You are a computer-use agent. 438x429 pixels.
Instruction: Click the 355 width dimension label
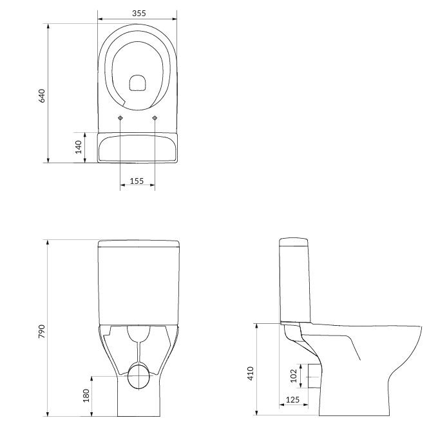139,13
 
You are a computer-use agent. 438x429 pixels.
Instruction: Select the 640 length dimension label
41,95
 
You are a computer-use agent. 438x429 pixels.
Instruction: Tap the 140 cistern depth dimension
79,147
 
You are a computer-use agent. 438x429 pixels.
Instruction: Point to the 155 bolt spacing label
137,181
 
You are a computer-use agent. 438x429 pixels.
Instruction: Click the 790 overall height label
41,332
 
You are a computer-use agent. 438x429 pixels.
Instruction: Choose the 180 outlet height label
86,395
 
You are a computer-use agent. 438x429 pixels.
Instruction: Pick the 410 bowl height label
251,374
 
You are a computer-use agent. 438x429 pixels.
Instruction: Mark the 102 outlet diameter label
294,375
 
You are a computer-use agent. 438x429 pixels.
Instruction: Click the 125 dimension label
292,399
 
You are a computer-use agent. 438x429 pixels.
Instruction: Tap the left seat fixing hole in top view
120,118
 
